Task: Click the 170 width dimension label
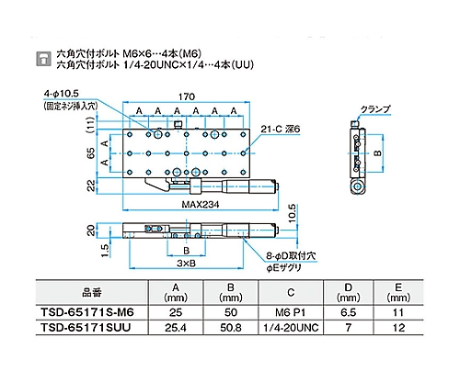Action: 187,96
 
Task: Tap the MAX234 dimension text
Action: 201,205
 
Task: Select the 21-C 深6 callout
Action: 280,130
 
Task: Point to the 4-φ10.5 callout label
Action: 62,94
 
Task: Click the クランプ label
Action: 375,109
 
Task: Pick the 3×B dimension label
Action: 186,264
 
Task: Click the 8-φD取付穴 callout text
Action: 291,255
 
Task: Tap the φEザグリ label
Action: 283,268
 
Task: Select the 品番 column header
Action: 91,293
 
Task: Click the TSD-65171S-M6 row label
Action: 87,312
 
